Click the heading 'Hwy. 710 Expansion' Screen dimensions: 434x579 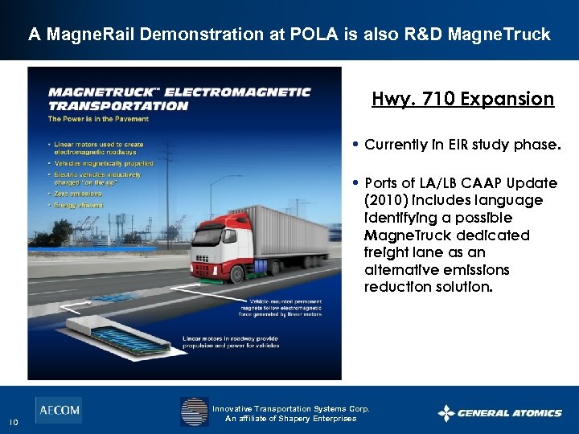click(x=462, y=99)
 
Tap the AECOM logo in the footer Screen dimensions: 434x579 click(x=58, y=410)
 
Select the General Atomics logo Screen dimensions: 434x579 click(x=499, y=413)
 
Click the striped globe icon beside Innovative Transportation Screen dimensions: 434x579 click(x=194, y=411)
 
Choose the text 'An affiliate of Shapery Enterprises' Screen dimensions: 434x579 click(x=290, y=419)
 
